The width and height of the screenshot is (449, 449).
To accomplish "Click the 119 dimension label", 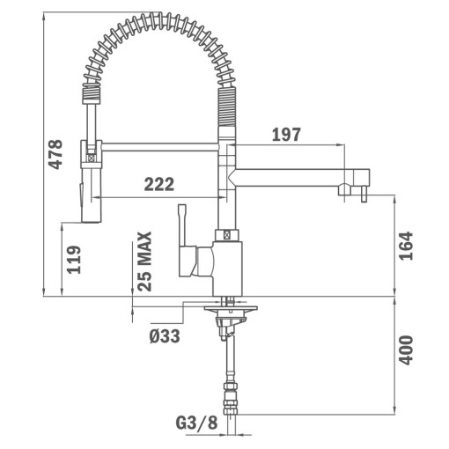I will (x=74, y=261).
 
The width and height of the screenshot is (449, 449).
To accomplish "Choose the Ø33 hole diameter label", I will (x=166, y=335).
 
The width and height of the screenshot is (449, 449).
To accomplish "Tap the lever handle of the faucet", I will (x=184, y=238).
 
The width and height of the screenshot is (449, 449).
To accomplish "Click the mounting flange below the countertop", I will (x=231, y=309).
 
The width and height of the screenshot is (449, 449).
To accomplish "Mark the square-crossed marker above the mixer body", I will (x=228, y=236).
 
